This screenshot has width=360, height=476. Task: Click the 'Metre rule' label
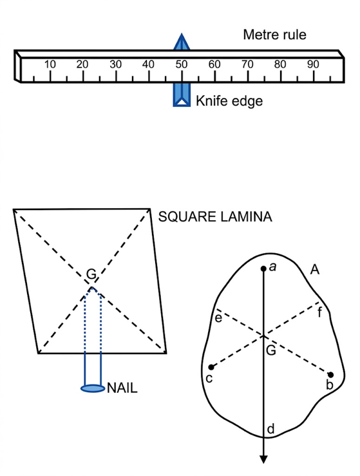pyautogui.click(x=274, y=35)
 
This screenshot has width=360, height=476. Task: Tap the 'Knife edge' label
pyautogui.click(x=229, y=100)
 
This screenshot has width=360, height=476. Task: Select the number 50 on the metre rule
pyautogui.click(x=181, y=64)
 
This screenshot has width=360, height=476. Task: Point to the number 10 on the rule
pyautogui.click(x=50, y=64)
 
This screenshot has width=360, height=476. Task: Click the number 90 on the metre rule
pyautogui.click(x=313, y=64)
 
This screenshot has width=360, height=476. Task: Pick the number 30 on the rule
pyautogui.click(x=116, y=64)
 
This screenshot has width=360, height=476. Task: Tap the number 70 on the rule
pyautogui.click(x=247, y=64)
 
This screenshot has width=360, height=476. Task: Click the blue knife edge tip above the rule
pyautogui.click(x=182, y=34)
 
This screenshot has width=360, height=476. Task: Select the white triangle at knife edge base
pyautogui.click(x=182, y=102)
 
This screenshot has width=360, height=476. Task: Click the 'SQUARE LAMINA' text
pyautogui.click(x=215, y=217)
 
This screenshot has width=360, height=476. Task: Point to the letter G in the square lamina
pyautogui.click(x=91, y=274)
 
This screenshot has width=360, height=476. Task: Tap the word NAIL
pyautogui.click(x=122, y=388)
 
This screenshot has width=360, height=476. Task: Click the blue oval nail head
pyautogui.click(x=93, y=388)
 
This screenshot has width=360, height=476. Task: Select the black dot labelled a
pyautogui.click(x=263, y=269)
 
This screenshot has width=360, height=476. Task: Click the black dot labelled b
pyautogui.click(x=331, y=375)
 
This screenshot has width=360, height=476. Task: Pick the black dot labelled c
pyautogui.click(x=211, y=367)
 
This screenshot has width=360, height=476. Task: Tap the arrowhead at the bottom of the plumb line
pyautogui.click(x=263, y=459)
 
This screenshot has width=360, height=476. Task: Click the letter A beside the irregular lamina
pyautogui.click(x=315, y=269)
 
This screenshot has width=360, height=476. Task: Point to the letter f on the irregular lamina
pyautogui.click(x=319, y=312)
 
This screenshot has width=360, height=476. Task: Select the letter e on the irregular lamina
pyautogui.click(x=218, y=318)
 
